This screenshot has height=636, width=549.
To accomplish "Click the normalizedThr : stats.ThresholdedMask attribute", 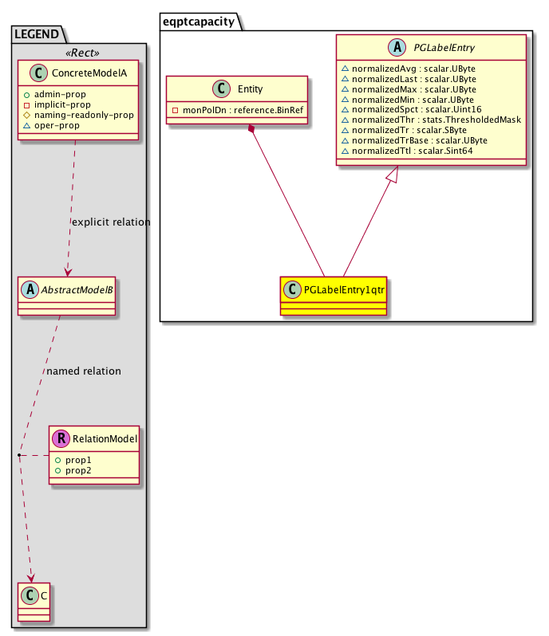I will point(430,120).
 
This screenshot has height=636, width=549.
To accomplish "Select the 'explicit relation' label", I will point(111,222).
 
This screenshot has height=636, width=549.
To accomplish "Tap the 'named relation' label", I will point(84,371).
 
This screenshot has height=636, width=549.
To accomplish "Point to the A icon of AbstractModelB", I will point(30,289).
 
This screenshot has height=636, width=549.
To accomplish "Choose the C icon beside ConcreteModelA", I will point(30,74).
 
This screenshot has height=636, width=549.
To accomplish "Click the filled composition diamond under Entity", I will point(252,130).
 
